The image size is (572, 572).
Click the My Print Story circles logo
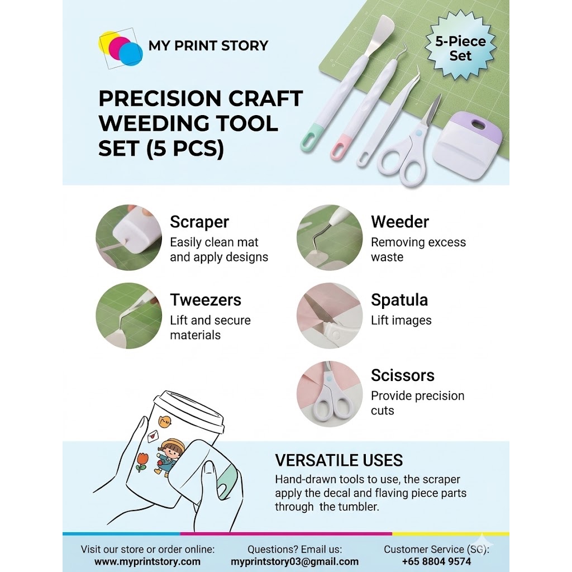click(121, 48)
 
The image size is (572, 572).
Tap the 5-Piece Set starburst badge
click(460, 45)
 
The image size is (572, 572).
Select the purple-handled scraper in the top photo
click(468, 145)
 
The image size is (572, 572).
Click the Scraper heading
click(199, 222)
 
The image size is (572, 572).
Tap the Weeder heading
click(400, 222)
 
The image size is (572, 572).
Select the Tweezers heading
click(206, 300)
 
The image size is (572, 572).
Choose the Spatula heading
click(399, 300)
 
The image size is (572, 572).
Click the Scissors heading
click(403, 375)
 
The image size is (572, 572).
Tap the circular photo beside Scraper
click(129, 237)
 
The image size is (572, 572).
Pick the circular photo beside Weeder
click(330, 237)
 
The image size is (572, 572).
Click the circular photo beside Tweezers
click(129, 316)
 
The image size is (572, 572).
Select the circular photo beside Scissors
click(330, 394)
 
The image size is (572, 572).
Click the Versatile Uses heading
click(339, 460)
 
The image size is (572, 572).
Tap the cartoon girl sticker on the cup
click(170, 457)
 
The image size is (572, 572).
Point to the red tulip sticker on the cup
click(142, 462)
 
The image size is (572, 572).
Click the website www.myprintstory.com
click(147, 561)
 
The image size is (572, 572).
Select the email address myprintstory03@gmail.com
click(295, 561)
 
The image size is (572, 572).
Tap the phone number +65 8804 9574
click(437, 561)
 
